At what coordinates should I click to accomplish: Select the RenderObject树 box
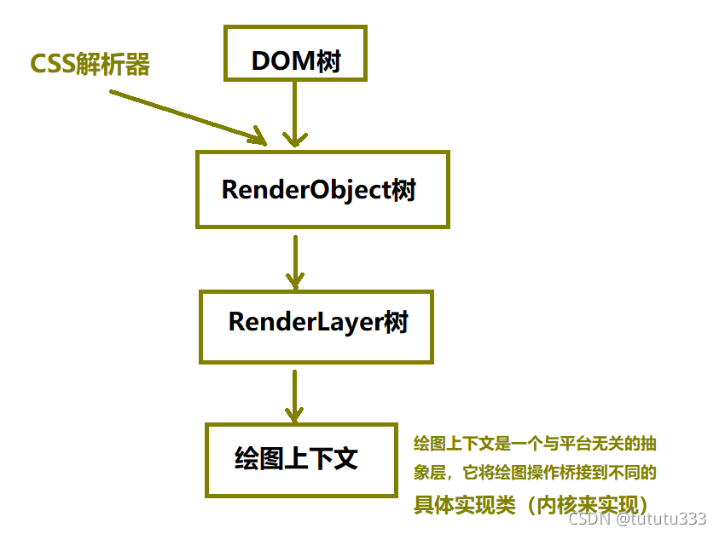tap(322, 189)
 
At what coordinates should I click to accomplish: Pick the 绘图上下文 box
tap(301, 460)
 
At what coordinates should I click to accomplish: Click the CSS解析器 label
tap(90, 64)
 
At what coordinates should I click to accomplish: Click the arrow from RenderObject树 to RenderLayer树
tap(295, 260)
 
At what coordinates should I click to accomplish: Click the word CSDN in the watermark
tap(588, 519)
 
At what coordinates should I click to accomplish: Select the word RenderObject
tap(306, 189)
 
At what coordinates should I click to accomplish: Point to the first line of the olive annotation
tap(535, 444)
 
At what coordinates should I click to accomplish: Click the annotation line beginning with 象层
tap(535, 472)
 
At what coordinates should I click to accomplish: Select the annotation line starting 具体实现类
tap(535, 503)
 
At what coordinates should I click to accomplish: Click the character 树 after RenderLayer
tap(397, 323)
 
